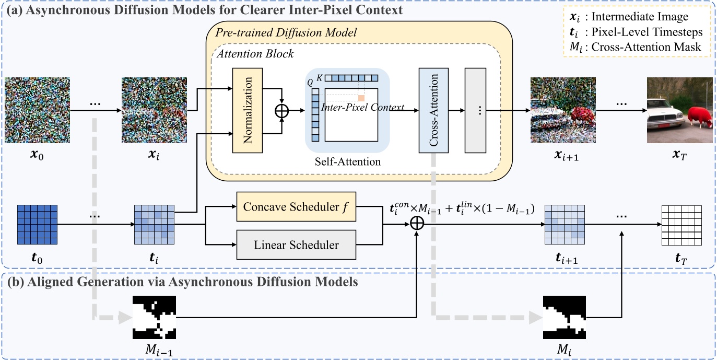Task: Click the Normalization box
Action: pos(247,110)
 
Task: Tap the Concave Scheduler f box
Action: pos(296,206)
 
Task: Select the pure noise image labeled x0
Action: pos(37,110)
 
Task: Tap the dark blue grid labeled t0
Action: pos(37,225)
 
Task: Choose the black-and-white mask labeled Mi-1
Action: pos(154,317)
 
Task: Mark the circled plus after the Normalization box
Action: pos(282,111)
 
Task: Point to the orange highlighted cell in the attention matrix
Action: pos(361,98)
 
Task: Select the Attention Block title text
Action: pos(253,53)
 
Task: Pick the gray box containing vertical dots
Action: pos(478,110)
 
